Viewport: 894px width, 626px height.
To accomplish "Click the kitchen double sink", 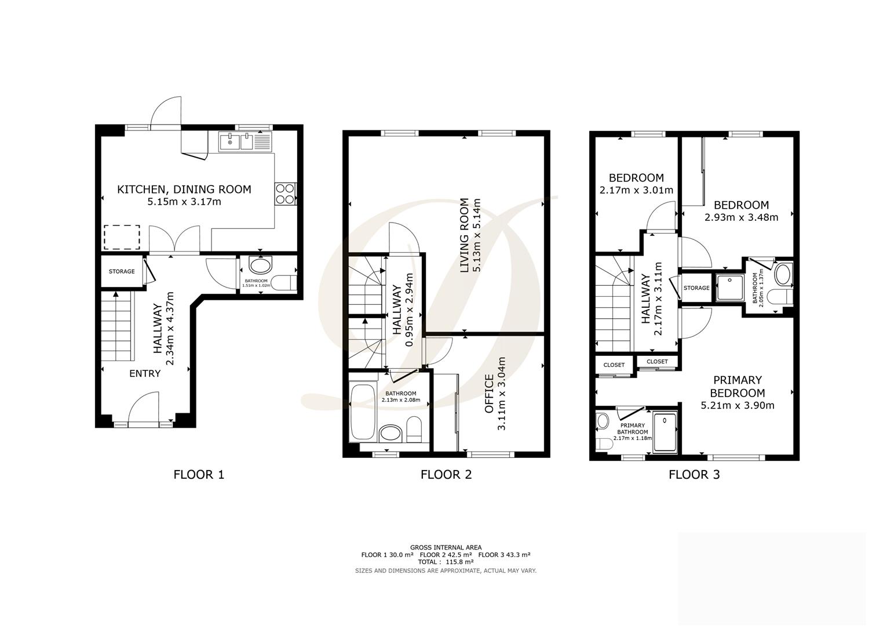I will click(x=236, y=141).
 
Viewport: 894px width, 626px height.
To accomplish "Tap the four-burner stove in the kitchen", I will click(x=284, y=194).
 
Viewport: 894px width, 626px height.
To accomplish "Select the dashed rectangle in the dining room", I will click(x=122, y=236).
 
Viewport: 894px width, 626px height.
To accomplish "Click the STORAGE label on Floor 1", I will click(x=122, y=271).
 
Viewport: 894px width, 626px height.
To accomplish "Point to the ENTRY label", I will click(x=144, y=374).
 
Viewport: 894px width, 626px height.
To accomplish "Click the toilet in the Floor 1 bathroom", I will click(x=284, y=283).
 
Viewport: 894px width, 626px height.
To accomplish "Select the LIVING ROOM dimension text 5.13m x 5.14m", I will click(x=477, y=236).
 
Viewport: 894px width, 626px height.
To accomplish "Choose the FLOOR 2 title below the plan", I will click(x=446, y=475).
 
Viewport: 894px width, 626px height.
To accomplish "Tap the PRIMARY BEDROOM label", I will click(x=737, y=386).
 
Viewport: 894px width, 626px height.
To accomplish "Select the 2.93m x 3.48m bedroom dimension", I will click(x=741, y=217).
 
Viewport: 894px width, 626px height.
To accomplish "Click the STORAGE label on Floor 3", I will click(x=696, y=288).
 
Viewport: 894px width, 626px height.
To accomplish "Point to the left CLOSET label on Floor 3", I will click(x=614, y=365).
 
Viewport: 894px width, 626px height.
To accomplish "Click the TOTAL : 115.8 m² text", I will click(x=446, y=562).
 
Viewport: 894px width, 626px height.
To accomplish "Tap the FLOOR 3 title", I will click(x=694, y=475).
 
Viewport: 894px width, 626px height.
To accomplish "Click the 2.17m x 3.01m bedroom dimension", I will click(x=636, y=190).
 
